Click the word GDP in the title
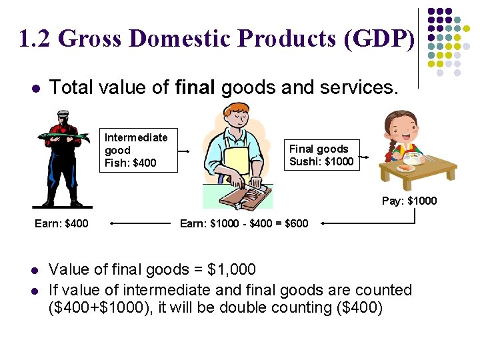379,39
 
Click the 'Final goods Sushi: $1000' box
321,155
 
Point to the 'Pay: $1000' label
409,201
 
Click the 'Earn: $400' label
61,223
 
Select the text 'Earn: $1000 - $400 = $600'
244,223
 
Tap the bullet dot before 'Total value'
35,88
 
